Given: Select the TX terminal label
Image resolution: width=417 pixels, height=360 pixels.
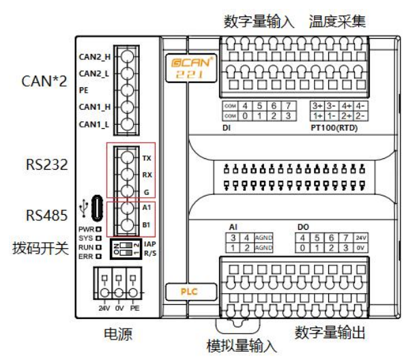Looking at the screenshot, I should (147, 157).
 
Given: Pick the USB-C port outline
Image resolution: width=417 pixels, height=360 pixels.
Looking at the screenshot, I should (98, 205).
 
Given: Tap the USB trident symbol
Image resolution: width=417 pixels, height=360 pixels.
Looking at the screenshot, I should (83, 204).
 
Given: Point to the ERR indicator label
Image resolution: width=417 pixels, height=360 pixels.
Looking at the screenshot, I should (86, 257).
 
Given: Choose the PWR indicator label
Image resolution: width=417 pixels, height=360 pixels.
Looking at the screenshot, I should (86, 229).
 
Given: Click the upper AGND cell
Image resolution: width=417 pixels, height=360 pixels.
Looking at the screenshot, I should (263, 237).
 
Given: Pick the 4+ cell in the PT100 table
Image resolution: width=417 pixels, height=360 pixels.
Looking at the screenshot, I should (347, 106).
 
